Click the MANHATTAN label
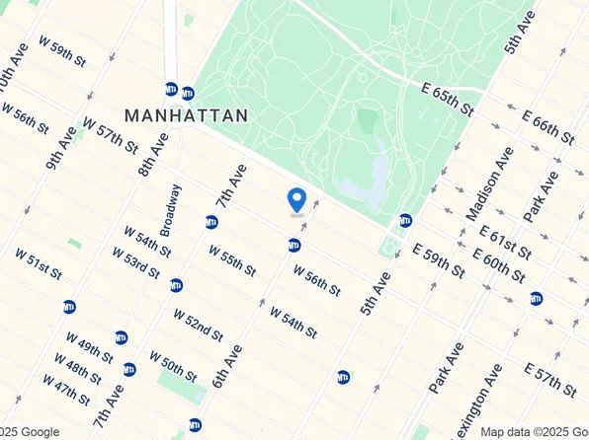[x=185, y=114]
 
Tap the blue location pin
[x=295, y=200]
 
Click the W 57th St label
[x=111, y=135]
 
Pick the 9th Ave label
[x=61, y=147]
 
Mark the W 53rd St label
[x=136, y=264]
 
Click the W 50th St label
[x=174, y=365]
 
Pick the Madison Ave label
[x=489, y=184]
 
